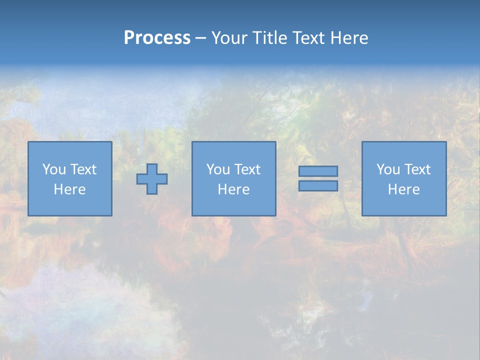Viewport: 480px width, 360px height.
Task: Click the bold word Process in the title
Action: [x=157, y=38]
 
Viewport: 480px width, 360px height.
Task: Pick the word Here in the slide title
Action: [x=350, y=38]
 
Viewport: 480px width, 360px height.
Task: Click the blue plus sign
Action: [x=152, y=179]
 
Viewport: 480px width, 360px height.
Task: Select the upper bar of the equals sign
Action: [x=318, y=171]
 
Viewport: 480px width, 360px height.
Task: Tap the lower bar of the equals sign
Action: [x=318, y=186]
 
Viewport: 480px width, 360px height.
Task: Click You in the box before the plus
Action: [x=53, y=169]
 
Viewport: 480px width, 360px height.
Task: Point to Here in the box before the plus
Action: [x=69, y=189]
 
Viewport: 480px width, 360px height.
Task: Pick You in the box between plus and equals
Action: [x=217, y=169]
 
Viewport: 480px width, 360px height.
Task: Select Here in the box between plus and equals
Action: [x=233, y=189]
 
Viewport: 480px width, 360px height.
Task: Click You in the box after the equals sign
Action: [x=387, y=169]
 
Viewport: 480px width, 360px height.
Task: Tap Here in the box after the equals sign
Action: [x=403, y=189]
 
